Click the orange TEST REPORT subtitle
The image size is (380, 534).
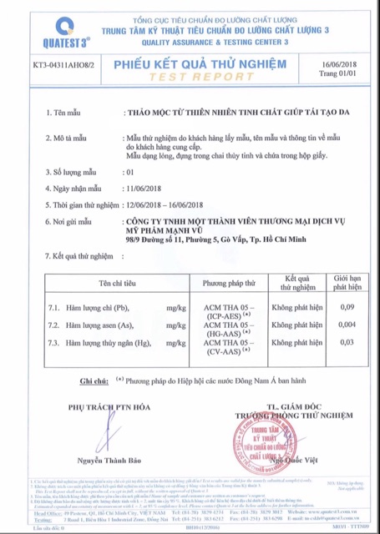[x=194, y=75]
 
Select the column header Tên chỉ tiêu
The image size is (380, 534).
[x=106, y=284]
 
